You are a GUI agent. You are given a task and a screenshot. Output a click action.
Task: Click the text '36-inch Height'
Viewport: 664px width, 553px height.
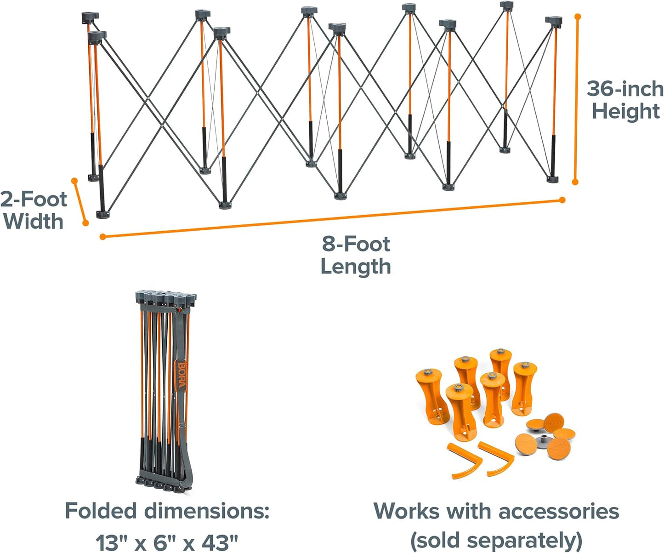click(625, 100)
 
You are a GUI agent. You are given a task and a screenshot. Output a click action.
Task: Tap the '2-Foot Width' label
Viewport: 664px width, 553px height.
click(33, 211)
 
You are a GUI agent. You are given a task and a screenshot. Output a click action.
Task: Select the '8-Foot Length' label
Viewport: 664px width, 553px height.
click(356, 255)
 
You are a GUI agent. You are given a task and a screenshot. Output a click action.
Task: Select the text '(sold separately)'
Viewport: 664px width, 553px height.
click(496, 541)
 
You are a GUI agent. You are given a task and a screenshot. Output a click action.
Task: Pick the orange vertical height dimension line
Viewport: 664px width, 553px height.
click(576, 99)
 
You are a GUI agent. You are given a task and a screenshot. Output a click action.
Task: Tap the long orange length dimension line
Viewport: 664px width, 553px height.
click(332, 218)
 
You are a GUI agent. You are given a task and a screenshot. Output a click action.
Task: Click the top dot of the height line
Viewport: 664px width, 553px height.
click(578, 17)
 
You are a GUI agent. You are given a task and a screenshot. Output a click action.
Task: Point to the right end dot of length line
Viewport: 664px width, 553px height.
click(562, 200)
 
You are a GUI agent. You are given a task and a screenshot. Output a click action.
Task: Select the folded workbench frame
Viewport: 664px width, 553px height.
click(165, 391)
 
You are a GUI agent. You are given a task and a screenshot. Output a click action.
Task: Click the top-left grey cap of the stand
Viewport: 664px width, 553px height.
click(90, 18)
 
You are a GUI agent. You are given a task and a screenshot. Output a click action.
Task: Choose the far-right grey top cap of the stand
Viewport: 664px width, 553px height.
click(554, 21)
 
